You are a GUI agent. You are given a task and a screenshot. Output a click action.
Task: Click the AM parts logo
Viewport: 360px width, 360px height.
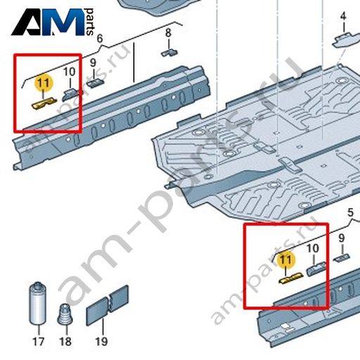pos(53,22)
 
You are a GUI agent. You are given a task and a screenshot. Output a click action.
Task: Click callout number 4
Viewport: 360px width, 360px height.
pos(343,16)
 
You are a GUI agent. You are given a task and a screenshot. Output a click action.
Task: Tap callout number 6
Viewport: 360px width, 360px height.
pos(100,39)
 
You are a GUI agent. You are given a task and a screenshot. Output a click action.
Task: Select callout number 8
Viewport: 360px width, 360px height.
pos(168,33)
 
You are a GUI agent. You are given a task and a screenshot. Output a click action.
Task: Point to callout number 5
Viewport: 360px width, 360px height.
pos(350,212)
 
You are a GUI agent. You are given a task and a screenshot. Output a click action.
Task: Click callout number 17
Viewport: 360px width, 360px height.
pos(39,342)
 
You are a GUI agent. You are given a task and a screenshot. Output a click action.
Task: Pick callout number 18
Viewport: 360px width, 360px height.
pos(65,342)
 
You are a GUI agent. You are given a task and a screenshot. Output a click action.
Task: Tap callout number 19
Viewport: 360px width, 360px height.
pos(101,342)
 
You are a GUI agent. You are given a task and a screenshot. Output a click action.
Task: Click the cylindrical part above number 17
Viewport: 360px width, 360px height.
pos(37,304)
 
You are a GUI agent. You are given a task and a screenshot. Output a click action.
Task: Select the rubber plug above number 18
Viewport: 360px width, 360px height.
pos(65,314)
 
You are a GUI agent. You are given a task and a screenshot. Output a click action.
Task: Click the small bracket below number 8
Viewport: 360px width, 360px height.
pos(169,53)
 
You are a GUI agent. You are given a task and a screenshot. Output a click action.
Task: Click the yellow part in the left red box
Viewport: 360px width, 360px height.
pos(44,104)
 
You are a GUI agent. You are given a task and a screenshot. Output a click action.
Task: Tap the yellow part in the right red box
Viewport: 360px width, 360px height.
pos(290,278)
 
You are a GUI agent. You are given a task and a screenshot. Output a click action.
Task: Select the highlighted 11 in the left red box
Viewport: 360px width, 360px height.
pos(44,83)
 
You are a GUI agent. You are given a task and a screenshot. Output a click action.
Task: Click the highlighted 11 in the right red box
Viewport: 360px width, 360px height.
pos(285,259)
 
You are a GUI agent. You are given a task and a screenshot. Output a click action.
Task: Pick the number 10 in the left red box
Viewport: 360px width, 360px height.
pos(70,72)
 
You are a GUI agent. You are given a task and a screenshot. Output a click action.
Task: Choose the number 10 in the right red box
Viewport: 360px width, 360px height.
pos(313,248)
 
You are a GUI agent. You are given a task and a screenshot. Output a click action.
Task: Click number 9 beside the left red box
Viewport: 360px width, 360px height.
pos(94,63)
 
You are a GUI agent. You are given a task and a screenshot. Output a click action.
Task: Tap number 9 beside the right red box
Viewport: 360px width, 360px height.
pos(342,238)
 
